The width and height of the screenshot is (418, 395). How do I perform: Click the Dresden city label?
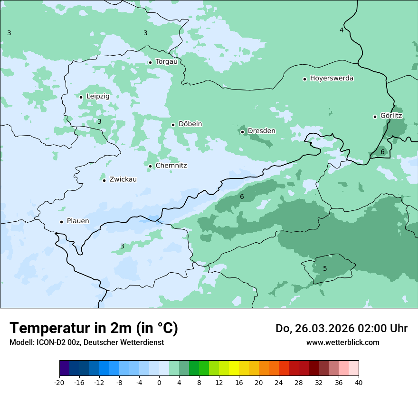pos(261,131)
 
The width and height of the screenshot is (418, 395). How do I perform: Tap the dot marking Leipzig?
pos(81,97)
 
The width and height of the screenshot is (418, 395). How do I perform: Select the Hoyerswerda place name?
pos(332,78)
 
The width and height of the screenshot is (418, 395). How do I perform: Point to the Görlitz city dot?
pos(375,117)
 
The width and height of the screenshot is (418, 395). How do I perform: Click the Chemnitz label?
pos(171,166)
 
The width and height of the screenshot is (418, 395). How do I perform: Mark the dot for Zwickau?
pos(104,180)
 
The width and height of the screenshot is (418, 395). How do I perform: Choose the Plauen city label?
pos(77,221)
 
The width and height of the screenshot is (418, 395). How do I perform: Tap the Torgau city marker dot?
pos(150,62)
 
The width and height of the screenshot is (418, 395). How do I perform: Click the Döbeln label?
pos(190,124)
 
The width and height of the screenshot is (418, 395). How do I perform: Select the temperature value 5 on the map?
pos(325,268)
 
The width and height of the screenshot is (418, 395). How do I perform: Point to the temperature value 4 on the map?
pos(341,30)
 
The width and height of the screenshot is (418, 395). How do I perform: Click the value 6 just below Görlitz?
pos(382,152)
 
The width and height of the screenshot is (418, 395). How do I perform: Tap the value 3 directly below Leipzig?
pos(99,121)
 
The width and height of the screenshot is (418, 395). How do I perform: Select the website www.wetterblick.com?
pos(342,342)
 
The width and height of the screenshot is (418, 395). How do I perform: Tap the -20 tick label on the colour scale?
pos(59,383)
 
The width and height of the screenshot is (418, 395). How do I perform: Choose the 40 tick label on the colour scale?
pos(359,383)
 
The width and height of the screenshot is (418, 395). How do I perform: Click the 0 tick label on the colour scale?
pos(159,383)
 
